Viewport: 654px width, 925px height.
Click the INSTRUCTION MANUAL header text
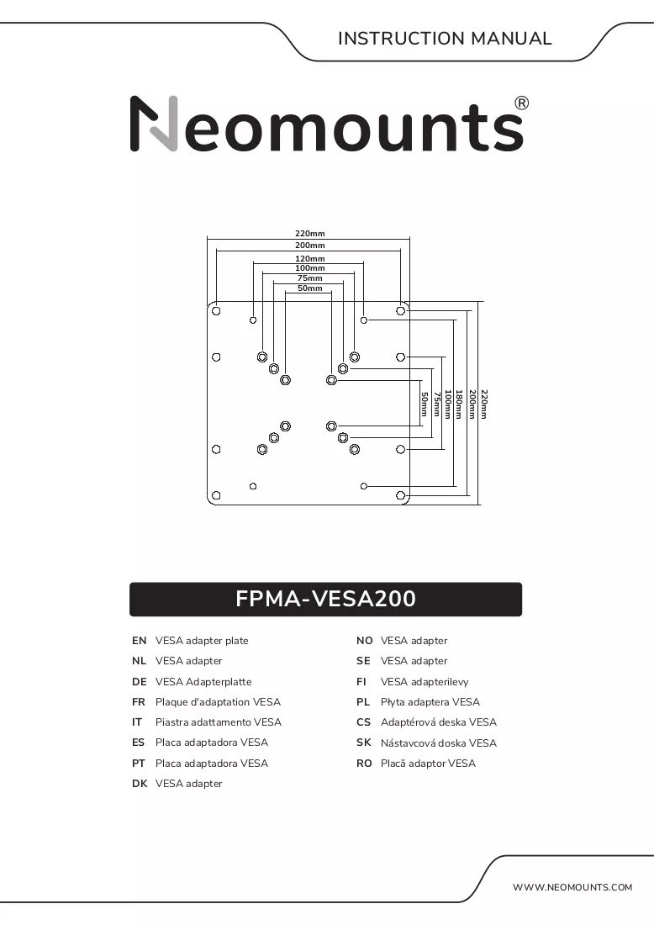pyautogui.click(x=445, y=39)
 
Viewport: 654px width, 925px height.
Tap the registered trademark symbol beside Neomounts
pyautogui.click(x=521, y=103)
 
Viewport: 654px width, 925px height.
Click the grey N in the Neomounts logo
pyautogui.click(x=154, y=124)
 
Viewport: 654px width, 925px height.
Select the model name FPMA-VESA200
pyautogui.click(x=325, y=599)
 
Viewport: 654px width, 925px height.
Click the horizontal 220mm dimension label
pyautogui.click(x=309, y=234)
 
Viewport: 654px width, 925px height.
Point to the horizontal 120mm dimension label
pyautogui.click(x=309, y=258)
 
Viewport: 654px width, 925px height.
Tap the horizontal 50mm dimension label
pyautogui.click(x=309, y=288)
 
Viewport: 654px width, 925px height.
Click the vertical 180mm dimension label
pyautogui.click(x=459, y=404)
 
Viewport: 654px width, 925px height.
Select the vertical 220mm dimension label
pyautogui.click(x=484, y=404)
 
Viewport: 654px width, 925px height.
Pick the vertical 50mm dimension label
pyautogui.click(x=424, y=405)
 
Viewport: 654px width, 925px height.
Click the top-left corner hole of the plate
pyautogui.click(x=216, y=311)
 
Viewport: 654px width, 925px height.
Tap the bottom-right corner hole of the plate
pyautogui.click(x=400, y=495)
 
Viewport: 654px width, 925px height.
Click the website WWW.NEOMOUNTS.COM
pyautogui.click(x=572, y=887)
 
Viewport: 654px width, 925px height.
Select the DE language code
pyautogui.click(x=140, y=682)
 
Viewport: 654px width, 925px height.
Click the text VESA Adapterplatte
pyautogui.click(x=203, y=682)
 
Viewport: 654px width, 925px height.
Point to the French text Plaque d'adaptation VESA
pyautogui.click(x=218, y=702)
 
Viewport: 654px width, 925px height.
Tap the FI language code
pyautogui.click(x=361, y=682)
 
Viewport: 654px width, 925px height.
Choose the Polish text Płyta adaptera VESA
pyautogui.click(x=430, y=702)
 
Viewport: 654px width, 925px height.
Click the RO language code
pyautogui.click(x=364, y=764)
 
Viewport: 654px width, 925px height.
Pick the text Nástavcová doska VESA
pyautogui.click(x=438, y=743)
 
